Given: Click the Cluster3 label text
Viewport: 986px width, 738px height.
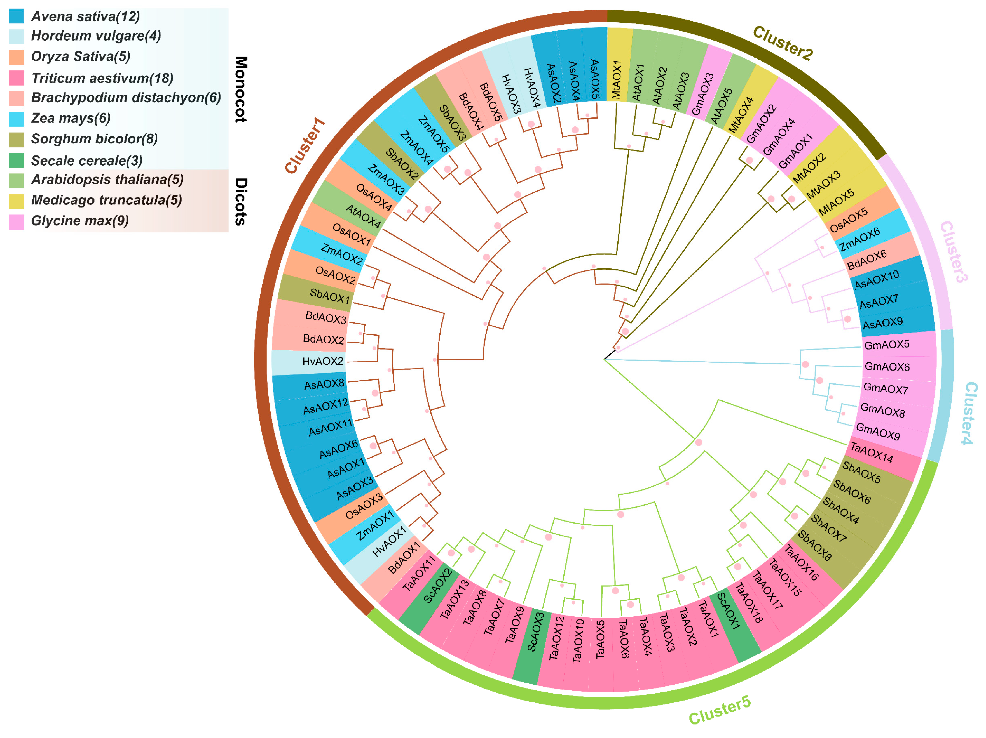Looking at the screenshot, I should (954, 252).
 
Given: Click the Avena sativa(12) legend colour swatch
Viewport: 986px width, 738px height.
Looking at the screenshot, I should (16, 16).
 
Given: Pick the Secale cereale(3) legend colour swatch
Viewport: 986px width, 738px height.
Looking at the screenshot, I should (16, 160).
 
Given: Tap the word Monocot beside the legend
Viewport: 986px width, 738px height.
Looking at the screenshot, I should (241, 89).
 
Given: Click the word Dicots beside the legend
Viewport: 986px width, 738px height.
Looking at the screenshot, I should (241, 202).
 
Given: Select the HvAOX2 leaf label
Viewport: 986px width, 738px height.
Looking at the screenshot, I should (323, 361).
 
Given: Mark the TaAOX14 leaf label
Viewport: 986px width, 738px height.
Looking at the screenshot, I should (872, 452).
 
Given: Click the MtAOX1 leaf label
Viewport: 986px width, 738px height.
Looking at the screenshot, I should (617, 80).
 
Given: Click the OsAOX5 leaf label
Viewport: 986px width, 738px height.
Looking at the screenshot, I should (849, 220).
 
